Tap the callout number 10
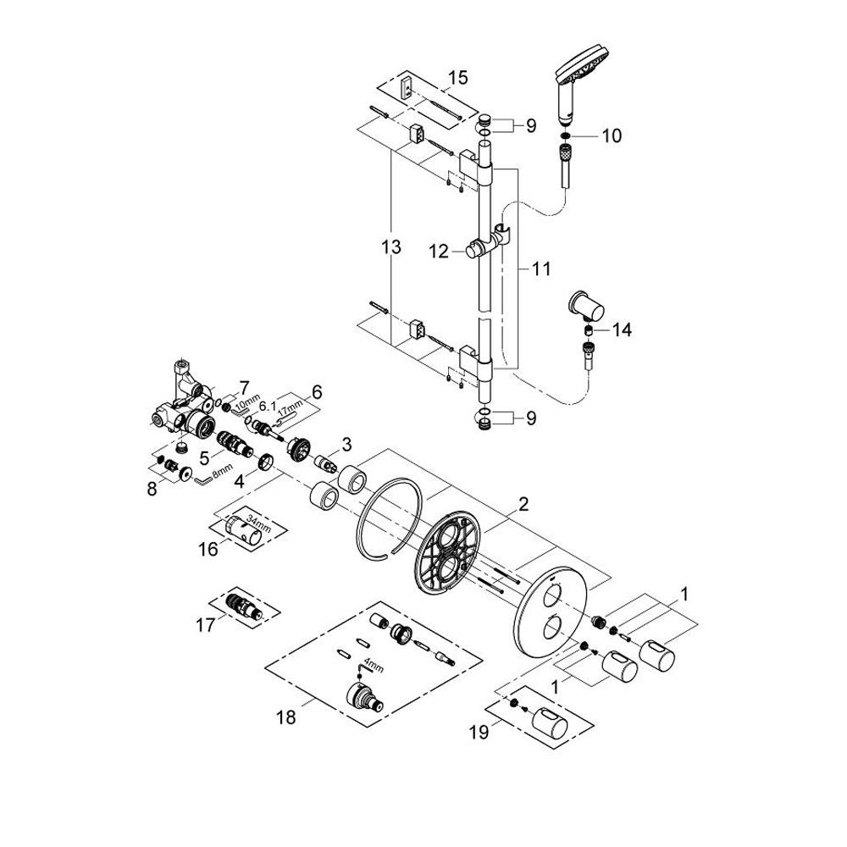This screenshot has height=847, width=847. tap(612, 136)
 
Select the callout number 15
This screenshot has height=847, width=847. tap(457, 77)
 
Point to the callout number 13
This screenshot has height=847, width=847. tap(391, 247)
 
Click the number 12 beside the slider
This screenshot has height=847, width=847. tap(439, 252)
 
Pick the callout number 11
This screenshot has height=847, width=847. tap(540, 268)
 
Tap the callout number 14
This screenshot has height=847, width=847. tap(622, 329)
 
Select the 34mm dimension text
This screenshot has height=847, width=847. tap(259, 523)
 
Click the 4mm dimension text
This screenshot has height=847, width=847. tap(374, 665)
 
